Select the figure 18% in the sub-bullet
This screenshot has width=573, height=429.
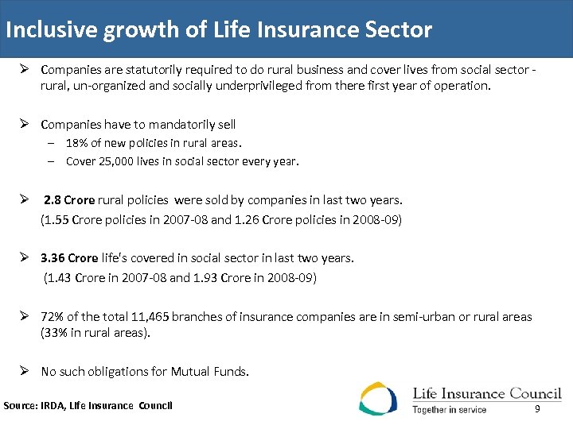tap(78, 143)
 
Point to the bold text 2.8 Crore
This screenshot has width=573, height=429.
tap(69, 200)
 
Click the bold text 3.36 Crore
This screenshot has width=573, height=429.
tap(70, 258)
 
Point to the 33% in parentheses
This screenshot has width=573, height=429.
tap(56, 333)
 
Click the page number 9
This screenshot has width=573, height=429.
tap(537, 408)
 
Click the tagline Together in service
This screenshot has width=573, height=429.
tap(450, 410)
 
